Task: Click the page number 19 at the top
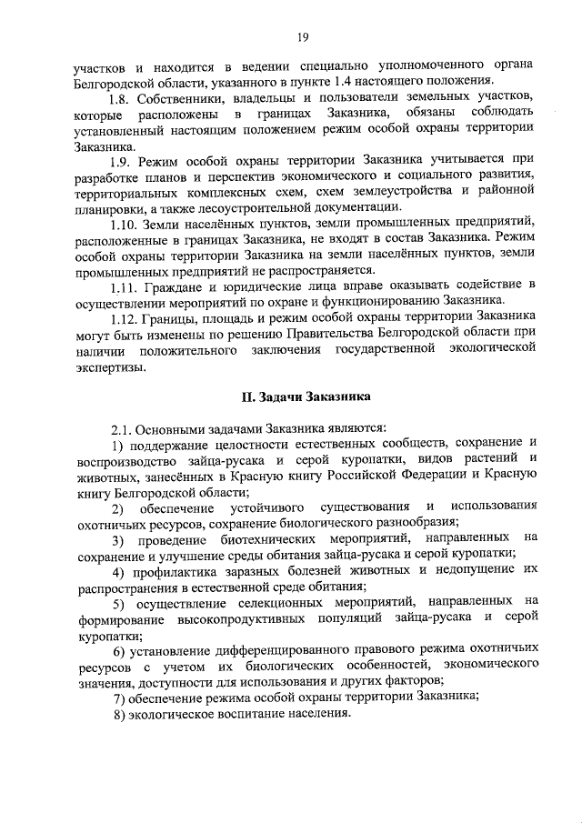coord(303,36)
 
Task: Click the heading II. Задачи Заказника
coord(305,396)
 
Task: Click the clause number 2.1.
coord(123,427)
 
